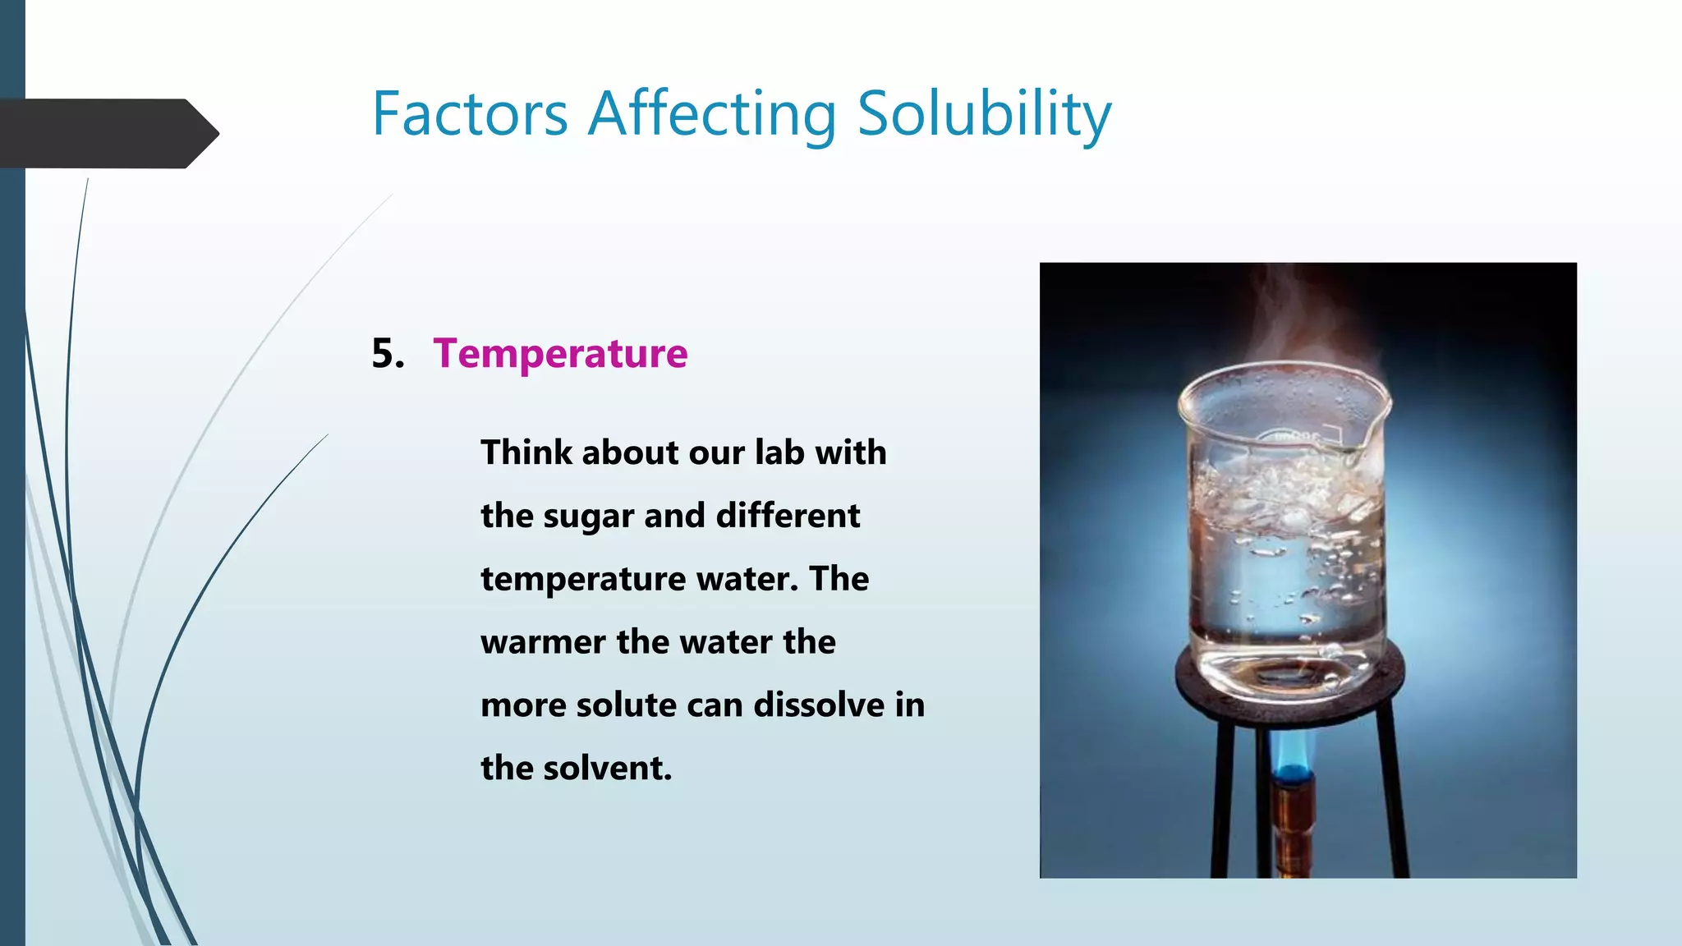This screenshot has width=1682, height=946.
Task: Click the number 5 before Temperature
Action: click(x=386, y=354)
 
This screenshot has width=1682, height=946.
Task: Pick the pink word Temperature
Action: click(x=560, y=354)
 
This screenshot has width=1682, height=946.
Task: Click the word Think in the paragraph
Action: click(x=526, y=452)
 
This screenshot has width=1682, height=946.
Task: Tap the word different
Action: click(x=788, y=516)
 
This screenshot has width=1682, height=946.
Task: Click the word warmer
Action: click(x=543, y=642)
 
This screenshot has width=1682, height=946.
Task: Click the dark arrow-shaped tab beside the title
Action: click(x=107, y=134)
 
